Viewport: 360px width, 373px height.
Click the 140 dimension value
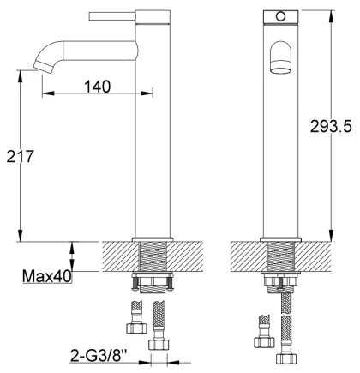97,87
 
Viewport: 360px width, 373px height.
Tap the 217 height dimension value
21,156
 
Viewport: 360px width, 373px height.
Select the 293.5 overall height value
331,126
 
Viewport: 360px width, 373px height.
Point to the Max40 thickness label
47,276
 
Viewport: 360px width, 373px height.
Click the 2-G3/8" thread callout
99,356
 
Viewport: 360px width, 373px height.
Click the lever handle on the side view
112,16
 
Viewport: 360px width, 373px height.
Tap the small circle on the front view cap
280,16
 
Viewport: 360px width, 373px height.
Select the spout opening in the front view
280,69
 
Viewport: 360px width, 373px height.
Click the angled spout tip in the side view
44,68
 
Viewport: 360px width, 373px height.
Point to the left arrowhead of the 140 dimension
48,93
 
